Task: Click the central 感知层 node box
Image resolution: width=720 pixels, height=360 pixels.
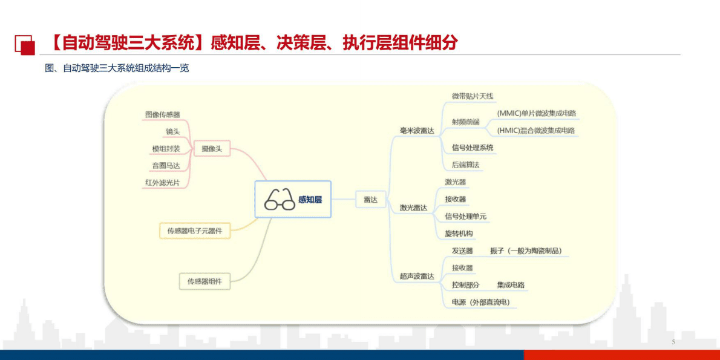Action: [293, 199]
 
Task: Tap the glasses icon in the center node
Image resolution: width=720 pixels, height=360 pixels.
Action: [280, 199]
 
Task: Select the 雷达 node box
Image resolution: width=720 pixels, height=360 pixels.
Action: [370, 199]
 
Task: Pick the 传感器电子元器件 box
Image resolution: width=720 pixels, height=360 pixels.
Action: [195, 231]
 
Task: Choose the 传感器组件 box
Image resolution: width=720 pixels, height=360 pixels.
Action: [205, 281]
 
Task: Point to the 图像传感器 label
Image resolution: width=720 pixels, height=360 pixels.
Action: [163, 114]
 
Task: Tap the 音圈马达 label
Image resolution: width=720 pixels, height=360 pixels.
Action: [166, 165]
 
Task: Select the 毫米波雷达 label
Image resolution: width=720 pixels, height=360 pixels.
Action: [417, 131]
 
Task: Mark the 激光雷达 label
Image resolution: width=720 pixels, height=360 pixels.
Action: [413, 208]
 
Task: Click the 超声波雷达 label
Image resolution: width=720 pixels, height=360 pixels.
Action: [417, 277]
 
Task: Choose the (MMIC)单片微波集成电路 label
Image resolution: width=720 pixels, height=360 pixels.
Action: [536, 113]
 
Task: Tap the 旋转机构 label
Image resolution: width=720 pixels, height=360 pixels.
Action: [459, 234]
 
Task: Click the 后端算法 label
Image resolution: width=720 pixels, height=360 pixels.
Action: [466, 165]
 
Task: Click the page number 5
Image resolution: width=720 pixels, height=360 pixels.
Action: [673, 342]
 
